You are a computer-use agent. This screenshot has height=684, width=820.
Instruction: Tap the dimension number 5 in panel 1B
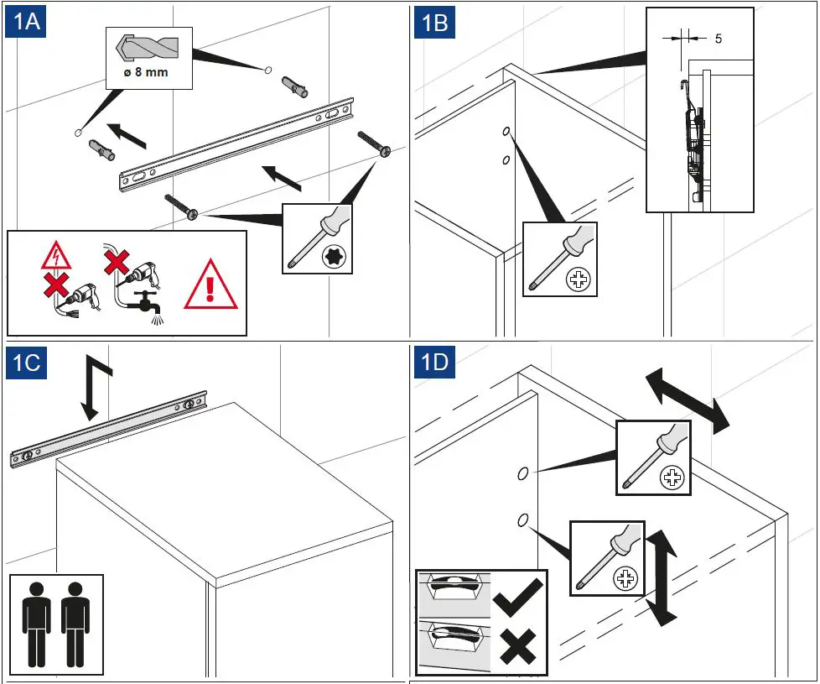click(719, 38)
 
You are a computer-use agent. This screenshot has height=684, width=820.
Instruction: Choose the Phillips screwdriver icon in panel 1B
click(559, 258)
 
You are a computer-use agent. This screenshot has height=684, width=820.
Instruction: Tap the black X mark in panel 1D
click(516, 648)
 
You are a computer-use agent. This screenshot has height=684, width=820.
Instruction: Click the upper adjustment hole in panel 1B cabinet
click(507, 132)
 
